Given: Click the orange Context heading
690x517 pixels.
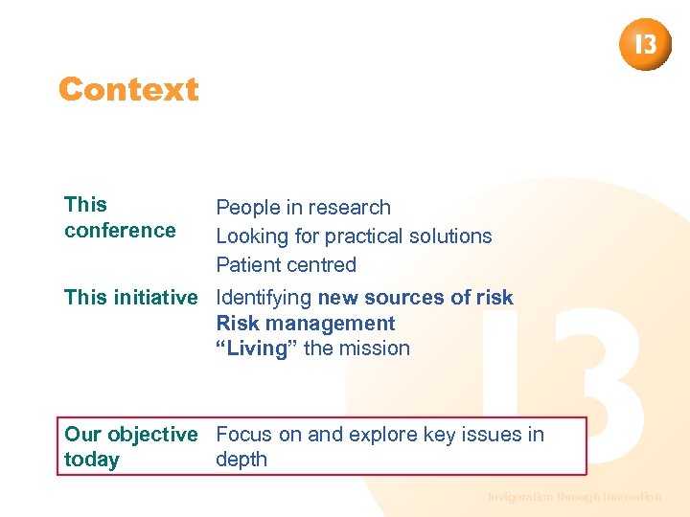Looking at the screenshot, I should tap(128, 89).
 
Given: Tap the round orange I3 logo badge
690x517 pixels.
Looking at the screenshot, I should tap(645, 44).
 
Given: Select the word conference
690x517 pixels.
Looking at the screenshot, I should tap(120, 231).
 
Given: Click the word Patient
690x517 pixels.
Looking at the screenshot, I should tap(247, 265).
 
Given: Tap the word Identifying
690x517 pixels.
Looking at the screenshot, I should tap(264, 298).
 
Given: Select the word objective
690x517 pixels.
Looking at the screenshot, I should tap(152, 435).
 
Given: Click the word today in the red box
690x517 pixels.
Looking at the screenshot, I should tap(91, 461).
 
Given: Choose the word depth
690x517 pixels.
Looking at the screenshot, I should tap(241, 461).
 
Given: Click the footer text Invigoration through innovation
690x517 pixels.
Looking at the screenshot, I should tap(574, 497).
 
